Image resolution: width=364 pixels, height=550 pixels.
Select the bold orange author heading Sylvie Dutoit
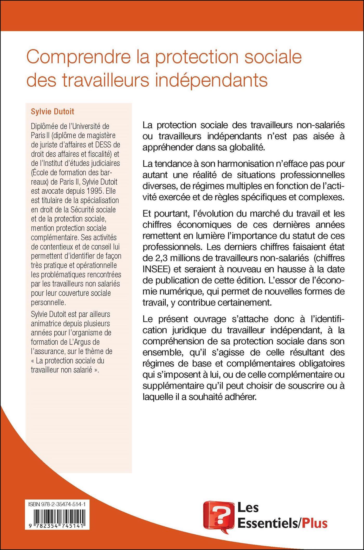(x=53, y=112)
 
